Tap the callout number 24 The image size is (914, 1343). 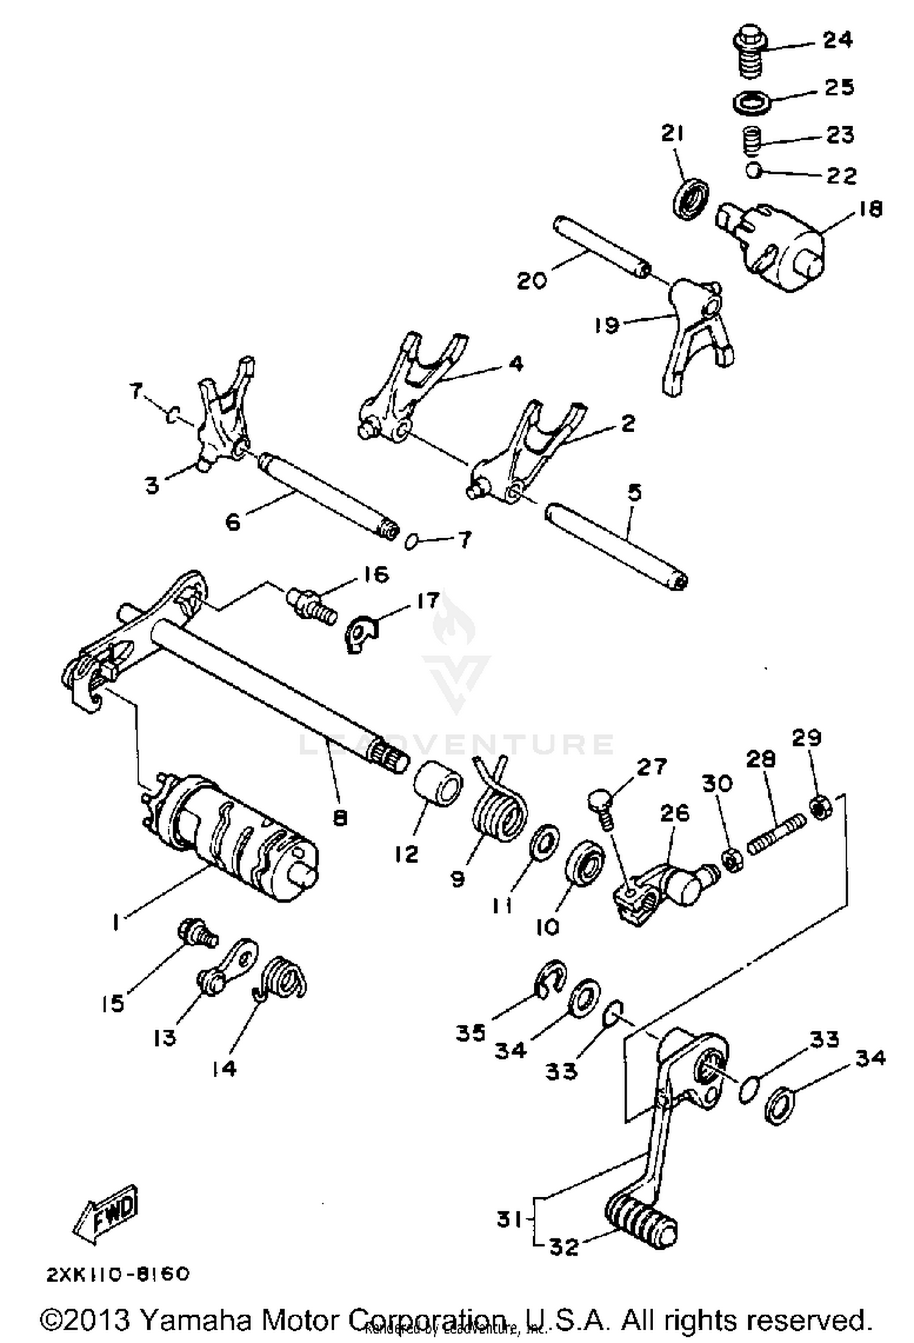[838, 40]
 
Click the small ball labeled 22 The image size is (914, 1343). [754, 171]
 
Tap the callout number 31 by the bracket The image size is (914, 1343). [509, 1220]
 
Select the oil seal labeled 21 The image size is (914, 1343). [691, 197]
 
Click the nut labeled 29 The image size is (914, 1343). [820, 808]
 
